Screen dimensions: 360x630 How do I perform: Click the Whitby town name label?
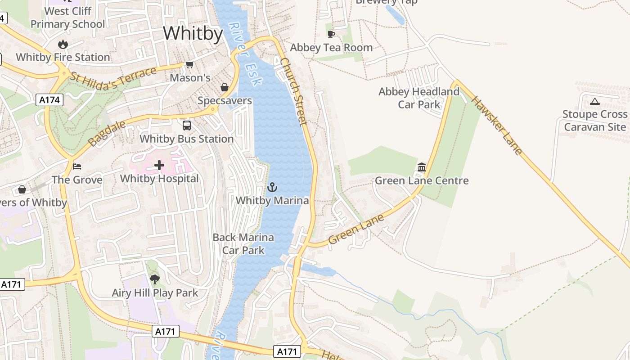click(193, 34)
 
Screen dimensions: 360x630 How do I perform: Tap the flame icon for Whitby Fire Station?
click(63, 44)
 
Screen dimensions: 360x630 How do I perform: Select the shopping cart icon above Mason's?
click(189, 65)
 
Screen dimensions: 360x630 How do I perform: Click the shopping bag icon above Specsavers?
click(224, 87)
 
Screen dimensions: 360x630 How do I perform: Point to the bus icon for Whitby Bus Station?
click(186, 126)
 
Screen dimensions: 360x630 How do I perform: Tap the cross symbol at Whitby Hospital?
click(159, 165)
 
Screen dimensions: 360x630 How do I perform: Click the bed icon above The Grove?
click(77, 166)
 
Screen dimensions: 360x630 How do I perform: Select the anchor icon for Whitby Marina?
click(272, 187)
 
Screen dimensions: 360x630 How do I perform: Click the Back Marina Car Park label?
click(243, 243)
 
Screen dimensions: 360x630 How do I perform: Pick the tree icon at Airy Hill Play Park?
click(155, 279)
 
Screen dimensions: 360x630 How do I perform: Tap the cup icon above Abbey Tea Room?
click(331, 34)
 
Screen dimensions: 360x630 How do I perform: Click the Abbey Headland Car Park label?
click(419, 98)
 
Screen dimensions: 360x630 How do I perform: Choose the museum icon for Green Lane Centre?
click(422, 167)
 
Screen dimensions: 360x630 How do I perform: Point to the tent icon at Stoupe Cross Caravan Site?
click(594, 101)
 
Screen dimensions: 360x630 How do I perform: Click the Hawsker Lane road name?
click(497, 125)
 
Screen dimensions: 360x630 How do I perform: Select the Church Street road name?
click(293, 91)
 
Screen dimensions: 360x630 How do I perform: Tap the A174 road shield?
click(49, 100)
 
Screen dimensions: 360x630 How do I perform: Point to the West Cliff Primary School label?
click(68, 18)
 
